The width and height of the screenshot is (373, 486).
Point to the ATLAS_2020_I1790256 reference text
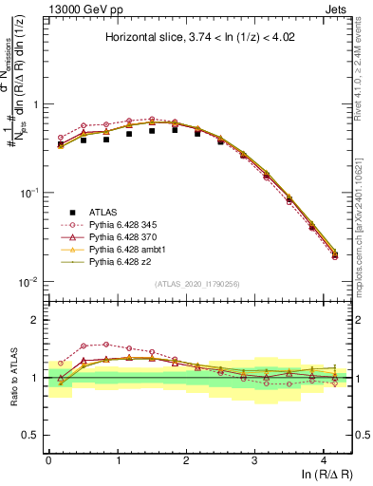199,285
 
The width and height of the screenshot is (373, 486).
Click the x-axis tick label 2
186,459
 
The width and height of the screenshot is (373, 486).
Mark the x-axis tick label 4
324,459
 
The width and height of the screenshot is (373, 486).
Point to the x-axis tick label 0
48,459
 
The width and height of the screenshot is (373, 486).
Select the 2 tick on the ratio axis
36,320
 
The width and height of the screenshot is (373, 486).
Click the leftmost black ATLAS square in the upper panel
61,144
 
